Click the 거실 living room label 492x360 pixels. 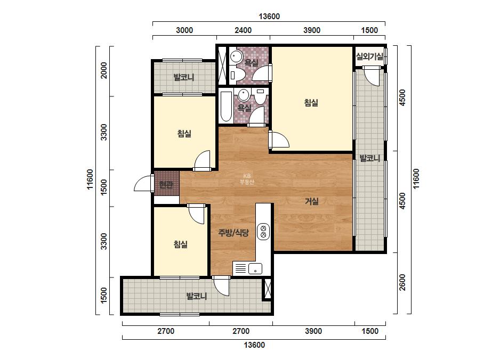click(x=312, y=201)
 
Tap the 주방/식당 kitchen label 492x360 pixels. click(x=233, y=233)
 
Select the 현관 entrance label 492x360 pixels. click(x=166, y=185)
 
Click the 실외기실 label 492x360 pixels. click(x=369, y=56)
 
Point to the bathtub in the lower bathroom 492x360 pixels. click(x=226, y=107)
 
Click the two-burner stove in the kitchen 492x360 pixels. click(x=263, y=232)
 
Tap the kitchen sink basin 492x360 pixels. click(x=255, y=269)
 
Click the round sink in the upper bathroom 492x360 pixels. click(x=235, y=57)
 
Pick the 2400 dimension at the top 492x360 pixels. click(x=243, y=30)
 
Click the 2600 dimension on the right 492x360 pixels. click(x=402, y=282)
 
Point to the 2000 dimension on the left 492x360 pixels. click(x=103, y=70)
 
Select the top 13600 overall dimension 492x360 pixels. click(x=269, y=17)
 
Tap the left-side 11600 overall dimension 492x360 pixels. click(x=90, y=179)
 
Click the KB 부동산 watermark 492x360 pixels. click(x=247, y=179)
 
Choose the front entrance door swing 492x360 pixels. click(x=143, y=183)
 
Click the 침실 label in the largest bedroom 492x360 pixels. click(x=311, y=103)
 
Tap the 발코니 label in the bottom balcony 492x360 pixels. click(x=196, y=296)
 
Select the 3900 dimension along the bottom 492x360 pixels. click(x=313, y=331)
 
